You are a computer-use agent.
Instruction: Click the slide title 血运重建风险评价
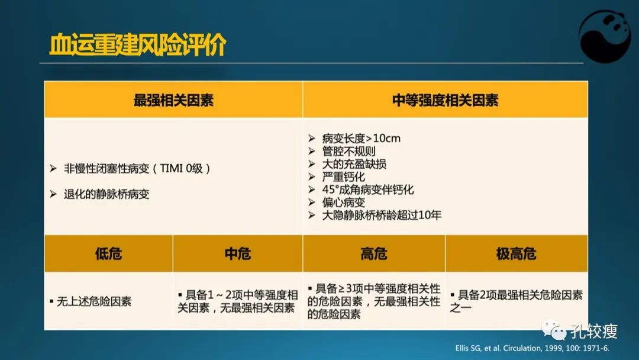point(137,44)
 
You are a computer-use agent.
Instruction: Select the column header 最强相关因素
point(173,100)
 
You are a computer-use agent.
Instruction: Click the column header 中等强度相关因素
point(445,100)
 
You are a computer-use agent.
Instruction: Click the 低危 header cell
point(108,254)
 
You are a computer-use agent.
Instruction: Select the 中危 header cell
point(238,254)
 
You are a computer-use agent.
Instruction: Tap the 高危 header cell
point(374,254)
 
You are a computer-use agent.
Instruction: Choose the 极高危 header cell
point(516,254)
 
